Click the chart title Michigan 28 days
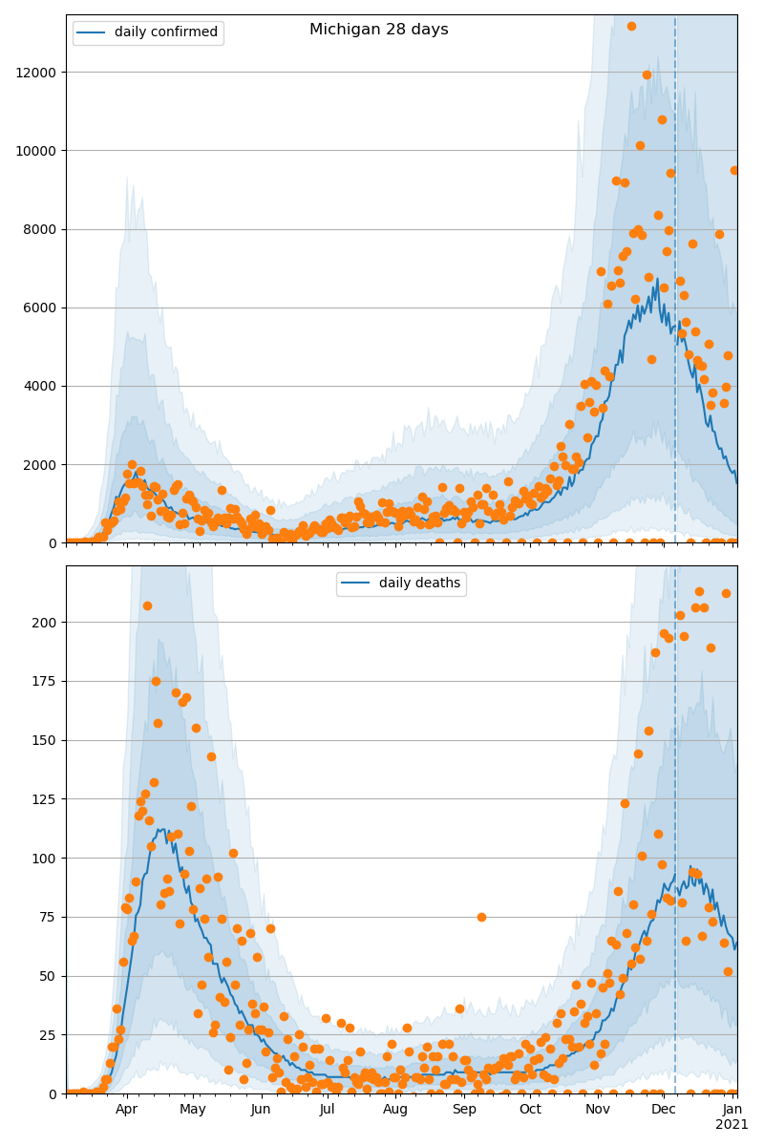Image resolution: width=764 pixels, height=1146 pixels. pos(378,30)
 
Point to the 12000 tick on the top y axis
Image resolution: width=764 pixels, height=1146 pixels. pos(36,73)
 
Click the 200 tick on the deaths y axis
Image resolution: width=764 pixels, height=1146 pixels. pos(46,623)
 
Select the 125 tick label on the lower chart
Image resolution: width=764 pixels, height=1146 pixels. pos(46,799)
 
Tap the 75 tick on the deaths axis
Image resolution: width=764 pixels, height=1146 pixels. pos(50,917)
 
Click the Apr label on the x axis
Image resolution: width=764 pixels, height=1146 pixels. pos(126,1110)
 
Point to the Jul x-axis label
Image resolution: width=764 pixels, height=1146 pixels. pos(328,1110)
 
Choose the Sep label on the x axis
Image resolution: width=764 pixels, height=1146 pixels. pos(464,1110)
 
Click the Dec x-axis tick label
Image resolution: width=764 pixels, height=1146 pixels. pos(664,1110)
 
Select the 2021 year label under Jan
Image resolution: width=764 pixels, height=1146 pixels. pos(732,1125)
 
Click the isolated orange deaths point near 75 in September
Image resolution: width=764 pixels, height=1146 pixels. pos(481,917)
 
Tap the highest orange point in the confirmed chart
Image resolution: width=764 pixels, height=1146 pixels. pos(631,26)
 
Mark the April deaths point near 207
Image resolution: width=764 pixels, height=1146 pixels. pos(147,605)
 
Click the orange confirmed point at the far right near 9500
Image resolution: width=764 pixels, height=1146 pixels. pos(734,170)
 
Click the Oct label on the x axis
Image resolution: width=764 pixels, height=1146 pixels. pos(530,1110)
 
